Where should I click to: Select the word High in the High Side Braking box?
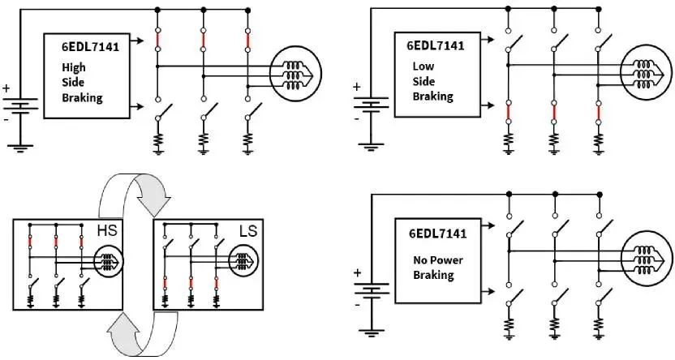tap(74, 68)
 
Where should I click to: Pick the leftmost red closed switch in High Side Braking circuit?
tap(157, 40)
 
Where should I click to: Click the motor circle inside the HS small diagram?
tap(109, 262)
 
